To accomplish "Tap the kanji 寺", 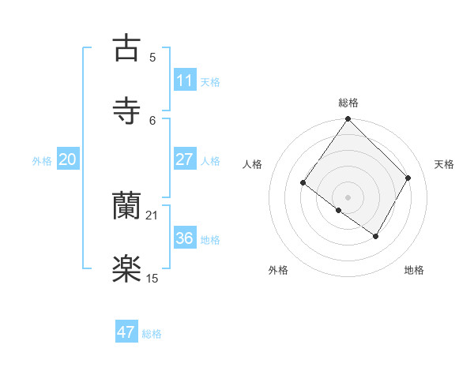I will [126, 109].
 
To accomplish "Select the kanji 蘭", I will [126, 205].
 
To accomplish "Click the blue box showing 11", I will [185, 81].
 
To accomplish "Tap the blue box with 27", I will [185, 159].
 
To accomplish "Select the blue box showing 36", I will [185, 238].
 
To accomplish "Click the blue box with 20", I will [67, 159].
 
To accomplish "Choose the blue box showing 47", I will [126, 332].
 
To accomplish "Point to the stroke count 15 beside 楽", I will [152, 279].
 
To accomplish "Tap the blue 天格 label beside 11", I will [210, 81].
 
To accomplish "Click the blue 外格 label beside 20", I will [42, 160].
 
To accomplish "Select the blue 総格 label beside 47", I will [152, 333].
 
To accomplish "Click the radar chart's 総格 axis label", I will [348, 103].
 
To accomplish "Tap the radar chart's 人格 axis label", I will [253, 164].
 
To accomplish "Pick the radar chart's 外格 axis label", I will [278, 270].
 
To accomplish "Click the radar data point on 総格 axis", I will [348, 119].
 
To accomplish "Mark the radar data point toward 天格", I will [408, 178].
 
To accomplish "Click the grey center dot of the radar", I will [348, 197].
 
